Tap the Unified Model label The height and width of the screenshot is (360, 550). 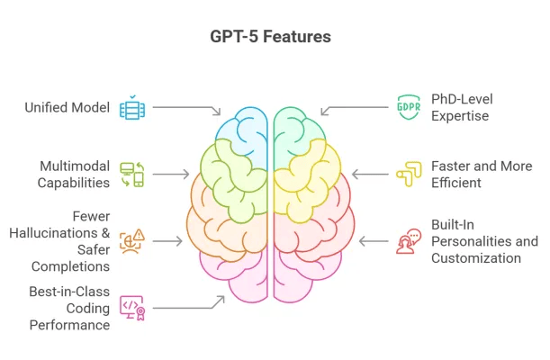pos(67,108)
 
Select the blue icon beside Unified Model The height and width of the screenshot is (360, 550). pos(131,108)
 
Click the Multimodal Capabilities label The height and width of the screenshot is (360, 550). pos(74,175)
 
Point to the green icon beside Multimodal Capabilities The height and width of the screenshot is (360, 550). pos(131,175)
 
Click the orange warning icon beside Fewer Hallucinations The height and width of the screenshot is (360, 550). pos(131,241)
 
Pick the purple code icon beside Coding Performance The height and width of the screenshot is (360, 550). pos(131,307)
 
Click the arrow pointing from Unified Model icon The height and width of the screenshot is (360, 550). pos(185,109)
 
